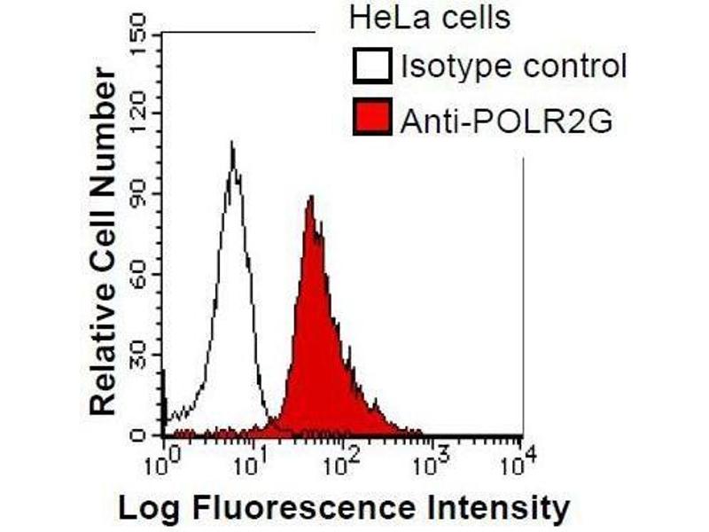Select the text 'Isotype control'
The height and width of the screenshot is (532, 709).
[x=513, y=66]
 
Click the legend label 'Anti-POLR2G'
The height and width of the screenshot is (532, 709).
[x=506, y=119]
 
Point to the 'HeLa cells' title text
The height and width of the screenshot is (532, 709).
[x=430, y=18]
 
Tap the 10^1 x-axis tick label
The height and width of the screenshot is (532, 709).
[x=253, y=460]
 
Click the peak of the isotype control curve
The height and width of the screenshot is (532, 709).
[x=232, y=143]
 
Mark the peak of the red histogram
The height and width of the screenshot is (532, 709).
[x=311, y=197]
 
